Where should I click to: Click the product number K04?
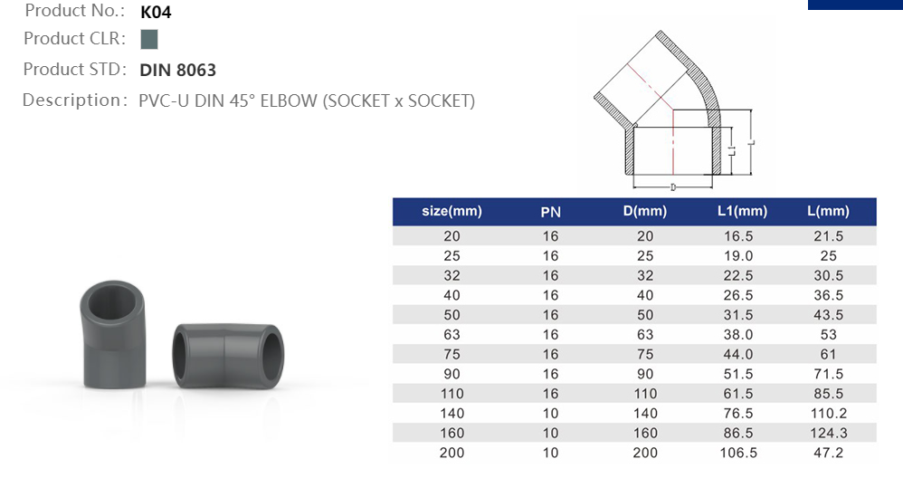(x=157, y=13)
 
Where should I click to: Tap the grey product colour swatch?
(x=149, y=39)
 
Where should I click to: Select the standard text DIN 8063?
(x=178, y=70)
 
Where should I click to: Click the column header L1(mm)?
(x=742, y=212)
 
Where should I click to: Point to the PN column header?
(x=550, y=213)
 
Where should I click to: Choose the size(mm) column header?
(x=451, y=212)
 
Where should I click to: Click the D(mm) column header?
(x=644, y=212)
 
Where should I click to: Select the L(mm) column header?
(x=828, y=212)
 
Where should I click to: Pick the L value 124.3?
(x=828, y=433)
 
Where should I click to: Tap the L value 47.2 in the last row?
(x=828, y=453)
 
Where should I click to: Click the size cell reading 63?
(x=451, y=335)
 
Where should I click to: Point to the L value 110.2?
(x=828, y=414)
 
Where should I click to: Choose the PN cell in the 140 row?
(x=550, y=414)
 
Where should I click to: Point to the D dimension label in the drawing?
(x=674, y=186)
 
